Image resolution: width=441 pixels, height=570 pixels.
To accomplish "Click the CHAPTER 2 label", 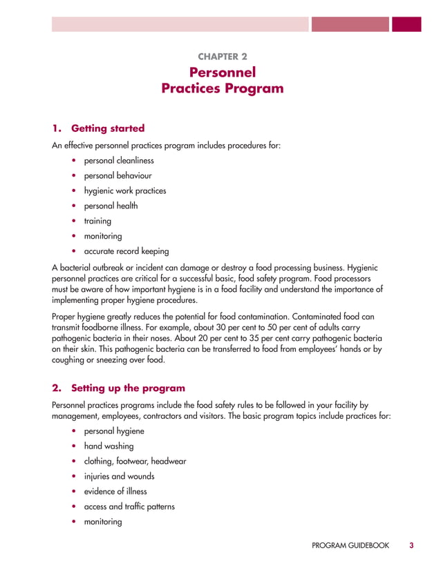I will [222, 56].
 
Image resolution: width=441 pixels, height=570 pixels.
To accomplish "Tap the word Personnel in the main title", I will [222, 72].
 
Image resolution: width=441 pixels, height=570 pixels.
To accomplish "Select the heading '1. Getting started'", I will [99, 128].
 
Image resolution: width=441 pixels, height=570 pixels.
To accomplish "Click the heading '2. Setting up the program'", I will [119, 388].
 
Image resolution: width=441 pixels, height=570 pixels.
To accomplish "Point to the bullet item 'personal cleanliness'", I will [119, 161].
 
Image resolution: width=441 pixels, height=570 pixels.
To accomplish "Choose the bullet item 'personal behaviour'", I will [118, 176].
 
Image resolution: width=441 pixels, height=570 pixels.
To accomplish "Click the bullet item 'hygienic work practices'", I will [125, 191].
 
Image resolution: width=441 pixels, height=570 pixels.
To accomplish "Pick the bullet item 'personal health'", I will [111, 206].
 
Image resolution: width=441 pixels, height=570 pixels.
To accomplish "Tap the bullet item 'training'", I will [97, 221].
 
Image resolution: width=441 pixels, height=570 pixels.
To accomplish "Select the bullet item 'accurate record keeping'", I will [126, 251].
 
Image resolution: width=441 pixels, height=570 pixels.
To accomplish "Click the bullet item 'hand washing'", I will [109, 446].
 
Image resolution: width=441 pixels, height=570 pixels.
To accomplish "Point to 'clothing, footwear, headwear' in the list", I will [135, 461].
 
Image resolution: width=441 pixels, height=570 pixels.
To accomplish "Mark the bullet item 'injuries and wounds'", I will [119, 476].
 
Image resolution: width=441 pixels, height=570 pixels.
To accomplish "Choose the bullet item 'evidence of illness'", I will [115, 491].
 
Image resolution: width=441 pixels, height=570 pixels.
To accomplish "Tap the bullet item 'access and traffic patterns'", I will [129, 507].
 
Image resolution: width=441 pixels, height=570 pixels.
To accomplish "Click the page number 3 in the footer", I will [411, 546].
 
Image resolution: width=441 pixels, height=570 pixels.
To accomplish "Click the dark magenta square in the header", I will [406, 24].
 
